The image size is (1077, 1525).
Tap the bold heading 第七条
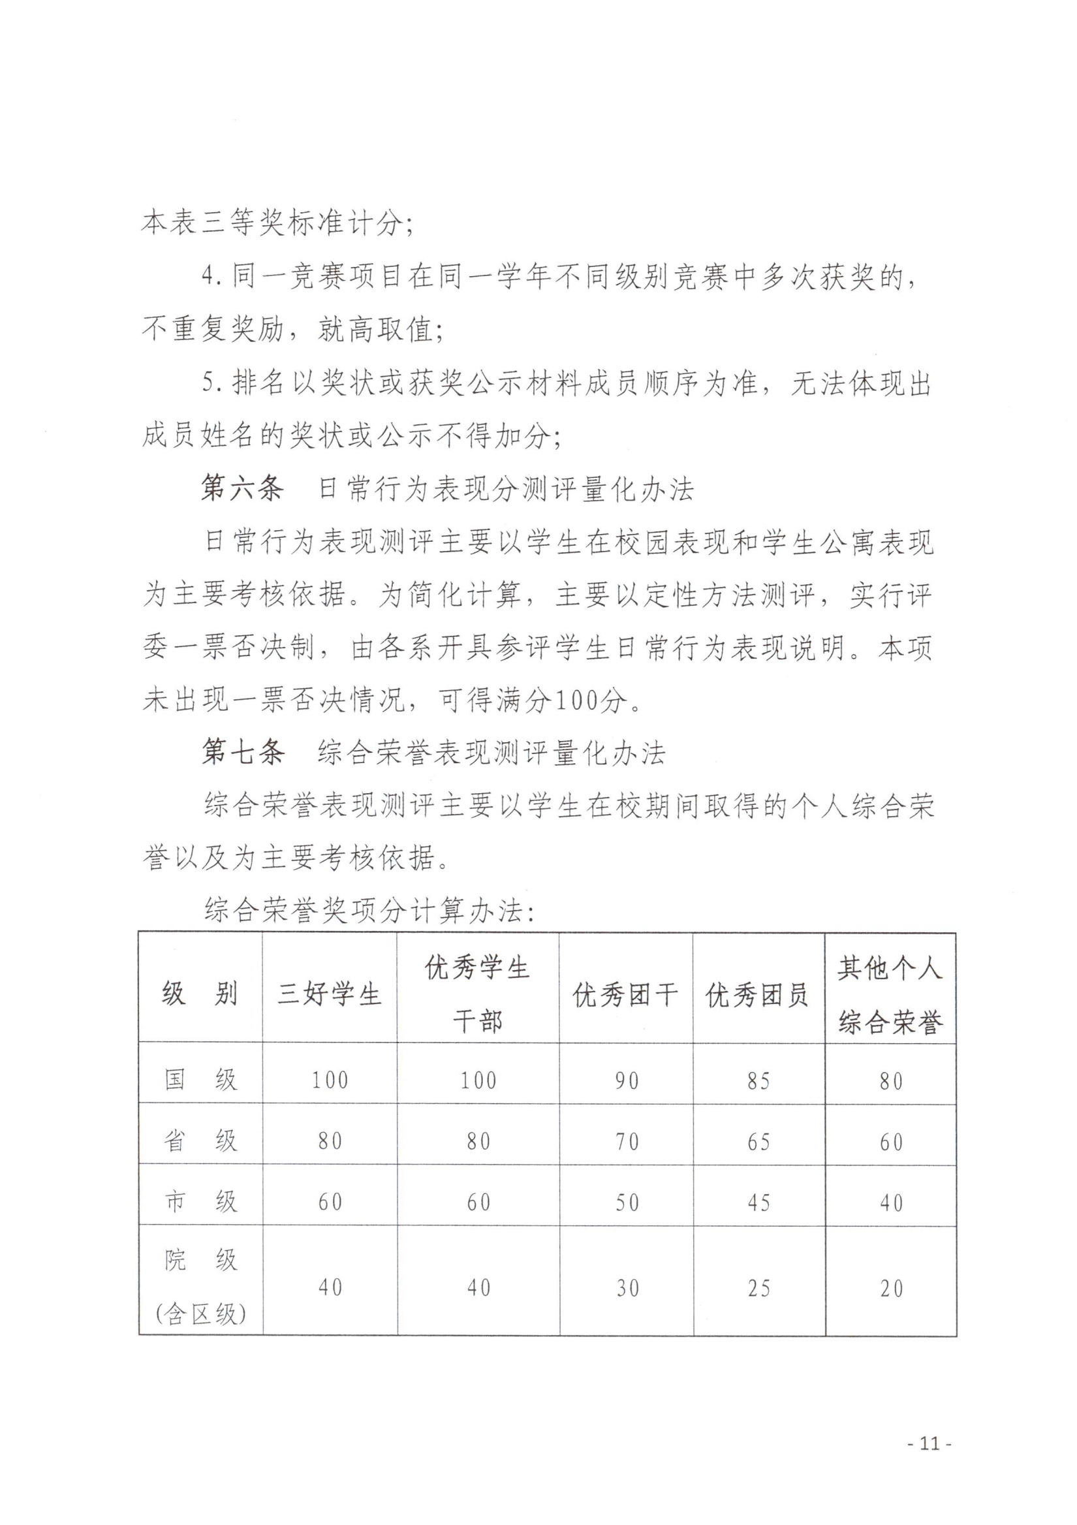(x=242, y=752)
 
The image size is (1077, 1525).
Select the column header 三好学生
(x=330, y=994)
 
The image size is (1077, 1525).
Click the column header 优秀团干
(x=625, y=994)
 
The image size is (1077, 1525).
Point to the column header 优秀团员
(x=758, y=994)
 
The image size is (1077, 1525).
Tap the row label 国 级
(x=200, y=1079)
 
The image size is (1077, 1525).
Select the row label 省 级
(x=200, y=1140)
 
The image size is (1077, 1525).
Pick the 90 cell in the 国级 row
(x=626, y=1080)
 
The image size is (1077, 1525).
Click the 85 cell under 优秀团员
(x=758, y=1080)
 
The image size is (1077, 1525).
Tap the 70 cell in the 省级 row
(x=626, y=1142)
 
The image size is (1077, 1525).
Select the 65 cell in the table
(x=758, y=1142)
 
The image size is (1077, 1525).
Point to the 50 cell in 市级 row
(x=626, y=1203)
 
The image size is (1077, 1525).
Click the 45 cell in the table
(x=758, y=1203)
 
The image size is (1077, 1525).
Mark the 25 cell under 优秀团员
(x=758, y=1288)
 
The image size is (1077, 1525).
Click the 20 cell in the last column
(x=891, y=1288)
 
